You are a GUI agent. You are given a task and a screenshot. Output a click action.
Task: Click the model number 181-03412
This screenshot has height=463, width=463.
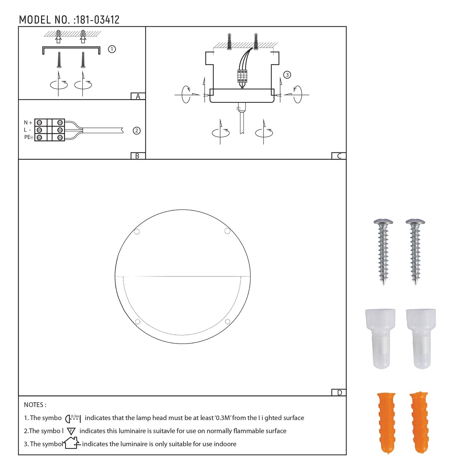pyautogui.click(x=97, y=20)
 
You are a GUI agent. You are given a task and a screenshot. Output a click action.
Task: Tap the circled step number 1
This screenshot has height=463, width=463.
pyautogui.click(x=112, y=49)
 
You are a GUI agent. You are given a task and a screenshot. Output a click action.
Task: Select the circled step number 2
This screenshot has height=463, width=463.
pyautogui.click(x=137, y=131)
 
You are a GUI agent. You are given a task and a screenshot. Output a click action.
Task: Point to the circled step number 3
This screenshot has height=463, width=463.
pyautogui.click(x=287, y=75)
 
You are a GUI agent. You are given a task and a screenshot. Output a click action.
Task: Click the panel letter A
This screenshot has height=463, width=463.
pyautogui.click(x=138, y=96)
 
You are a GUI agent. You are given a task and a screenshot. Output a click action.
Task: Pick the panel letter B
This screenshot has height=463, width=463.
pyautogui.click(x=137, y=156)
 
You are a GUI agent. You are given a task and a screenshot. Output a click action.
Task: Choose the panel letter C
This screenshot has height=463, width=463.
pyautogui.click(x=339, y=156)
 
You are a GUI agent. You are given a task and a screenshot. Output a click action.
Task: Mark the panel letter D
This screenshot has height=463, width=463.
pyautogui.click(x=339, y=393)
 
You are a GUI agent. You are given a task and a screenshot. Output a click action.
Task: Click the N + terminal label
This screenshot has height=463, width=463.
pyautogui.click(x=28, y=122)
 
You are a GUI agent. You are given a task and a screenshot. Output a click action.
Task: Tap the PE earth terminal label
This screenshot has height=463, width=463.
pyautogui.click(x=29, y=137)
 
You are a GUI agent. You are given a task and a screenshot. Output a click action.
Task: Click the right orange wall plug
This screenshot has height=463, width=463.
pyautogui.click(x=419, y=422)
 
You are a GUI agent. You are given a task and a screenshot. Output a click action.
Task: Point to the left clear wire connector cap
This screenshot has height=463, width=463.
pyautogui.click(x=380, y=338)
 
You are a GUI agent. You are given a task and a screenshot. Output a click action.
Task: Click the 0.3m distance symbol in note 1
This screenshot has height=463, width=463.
pyautogui.click(x=73, y=418)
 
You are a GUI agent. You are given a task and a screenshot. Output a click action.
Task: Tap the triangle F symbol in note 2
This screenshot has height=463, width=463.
pyautogui.click(x=71, y=431)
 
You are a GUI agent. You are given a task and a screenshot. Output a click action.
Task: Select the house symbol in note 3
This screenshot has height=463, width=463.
pyautogui.click(x=71, y=443)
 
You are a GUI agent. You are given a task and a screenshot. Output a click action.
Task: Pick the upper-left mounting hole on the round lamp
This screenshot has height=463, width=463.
pyautogui.click(x=137, y=232)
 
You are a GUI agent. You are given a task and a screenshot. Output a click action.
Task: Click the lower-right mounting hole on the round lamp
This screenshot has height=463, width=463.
pyautogui.click(x=227, y=322)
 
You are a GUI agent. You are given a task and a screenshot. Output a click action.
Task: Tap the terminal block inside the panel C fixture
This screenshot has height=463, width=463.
pyautogui.click(x=242, y=76)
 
